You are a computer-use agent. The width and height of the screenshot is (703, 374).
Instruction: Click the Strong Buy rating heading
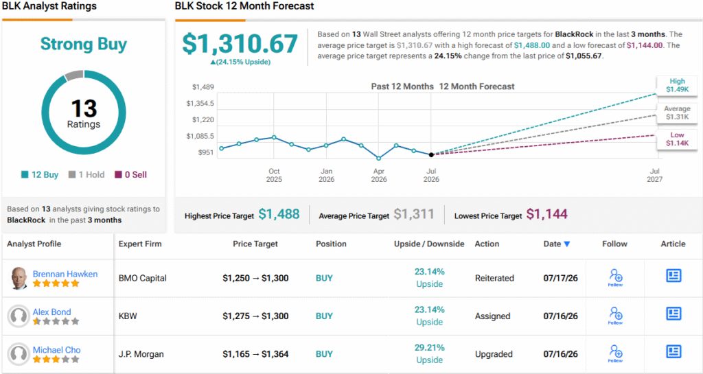[x=83, y=45]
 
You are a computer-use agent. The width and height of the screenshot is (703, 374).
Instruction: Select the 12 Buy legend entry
[x=40, y=175]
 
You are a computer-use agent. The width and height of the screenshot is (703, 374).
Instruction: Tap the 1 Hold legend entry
[x=87, y=175]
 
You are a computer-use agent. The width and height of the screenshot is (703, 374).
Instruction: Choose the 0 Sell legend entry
[x=131, y=175]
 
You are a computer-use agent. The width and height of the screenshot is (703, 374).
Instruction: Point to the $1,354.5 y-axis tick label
[x=200, y=104]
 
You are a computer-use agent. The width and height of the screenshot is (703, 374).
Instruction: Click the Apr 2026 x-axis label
[x=379, y=175]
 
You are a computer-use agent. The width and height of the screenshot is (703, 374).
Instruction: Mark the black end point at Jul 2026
[x=431, y=154]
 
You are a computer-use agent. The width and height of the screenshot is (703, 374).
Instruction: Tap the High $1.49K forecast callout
[x=677, y=85]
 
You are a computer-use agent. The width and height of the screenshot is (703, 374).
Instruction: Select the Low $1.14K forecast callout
[x=677, y=139]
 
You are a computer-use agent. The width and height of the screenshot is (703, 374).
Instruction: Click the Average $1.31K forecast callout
[x=677, y=113]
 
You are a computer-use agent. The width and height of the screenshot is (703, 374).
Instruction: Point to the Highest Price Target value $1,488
[x=279, y=215]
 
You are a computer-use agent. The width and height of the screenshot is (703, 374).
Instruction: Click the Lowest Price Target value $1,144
[x=547, y=215]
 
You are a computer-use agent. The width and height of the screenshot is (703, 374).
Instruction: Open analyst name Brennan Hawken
[x=65, y=274]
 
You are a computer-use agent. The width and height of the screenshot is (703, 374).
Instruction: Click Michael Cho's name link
[x=56, y=350]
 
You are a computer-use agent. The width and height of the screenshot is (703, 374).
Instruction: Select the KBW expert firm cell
[x=128, y=316]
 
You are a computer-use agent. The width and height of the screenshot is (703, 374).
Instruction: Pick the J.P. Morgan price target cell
[x=255, y=354]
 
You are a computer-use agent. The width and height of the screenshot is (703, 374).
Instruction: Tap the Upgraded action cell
[x=494, y=354]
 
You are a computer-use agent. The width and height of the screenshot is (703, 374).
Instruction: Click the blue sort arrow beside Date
[x=566, y=244]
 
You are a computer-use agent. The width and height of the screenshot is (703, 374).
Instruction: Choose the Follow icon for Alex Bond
[x=616, y=315]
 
